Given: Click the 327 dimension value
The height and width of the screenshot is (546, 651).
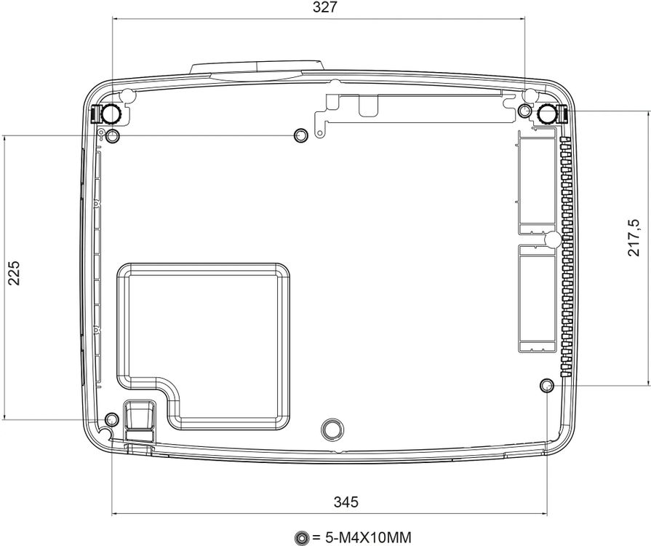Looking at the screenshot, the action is [324, 7].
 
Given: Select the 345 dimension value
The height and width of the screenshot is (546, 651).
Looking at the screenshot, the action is [346, 502].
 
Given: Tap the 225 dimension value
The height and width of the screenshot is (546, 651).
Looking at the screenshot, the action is [14, 273].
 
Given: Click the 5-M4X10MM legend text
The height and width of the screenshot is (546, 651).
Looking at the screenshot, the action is [362, 537].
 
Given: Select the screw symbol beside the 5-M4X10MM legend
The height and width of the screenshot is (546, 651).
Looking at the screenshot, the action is [301, 538].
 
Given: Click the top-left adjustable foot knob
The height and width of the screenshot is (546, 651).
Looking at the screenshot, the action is [111, 114].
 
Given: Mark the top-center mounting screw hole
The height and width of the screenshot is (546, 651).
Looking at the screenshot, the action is [301, 135].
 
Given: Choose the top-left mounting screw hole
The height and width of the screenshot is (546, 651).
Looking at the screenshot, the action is [113, 135].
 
